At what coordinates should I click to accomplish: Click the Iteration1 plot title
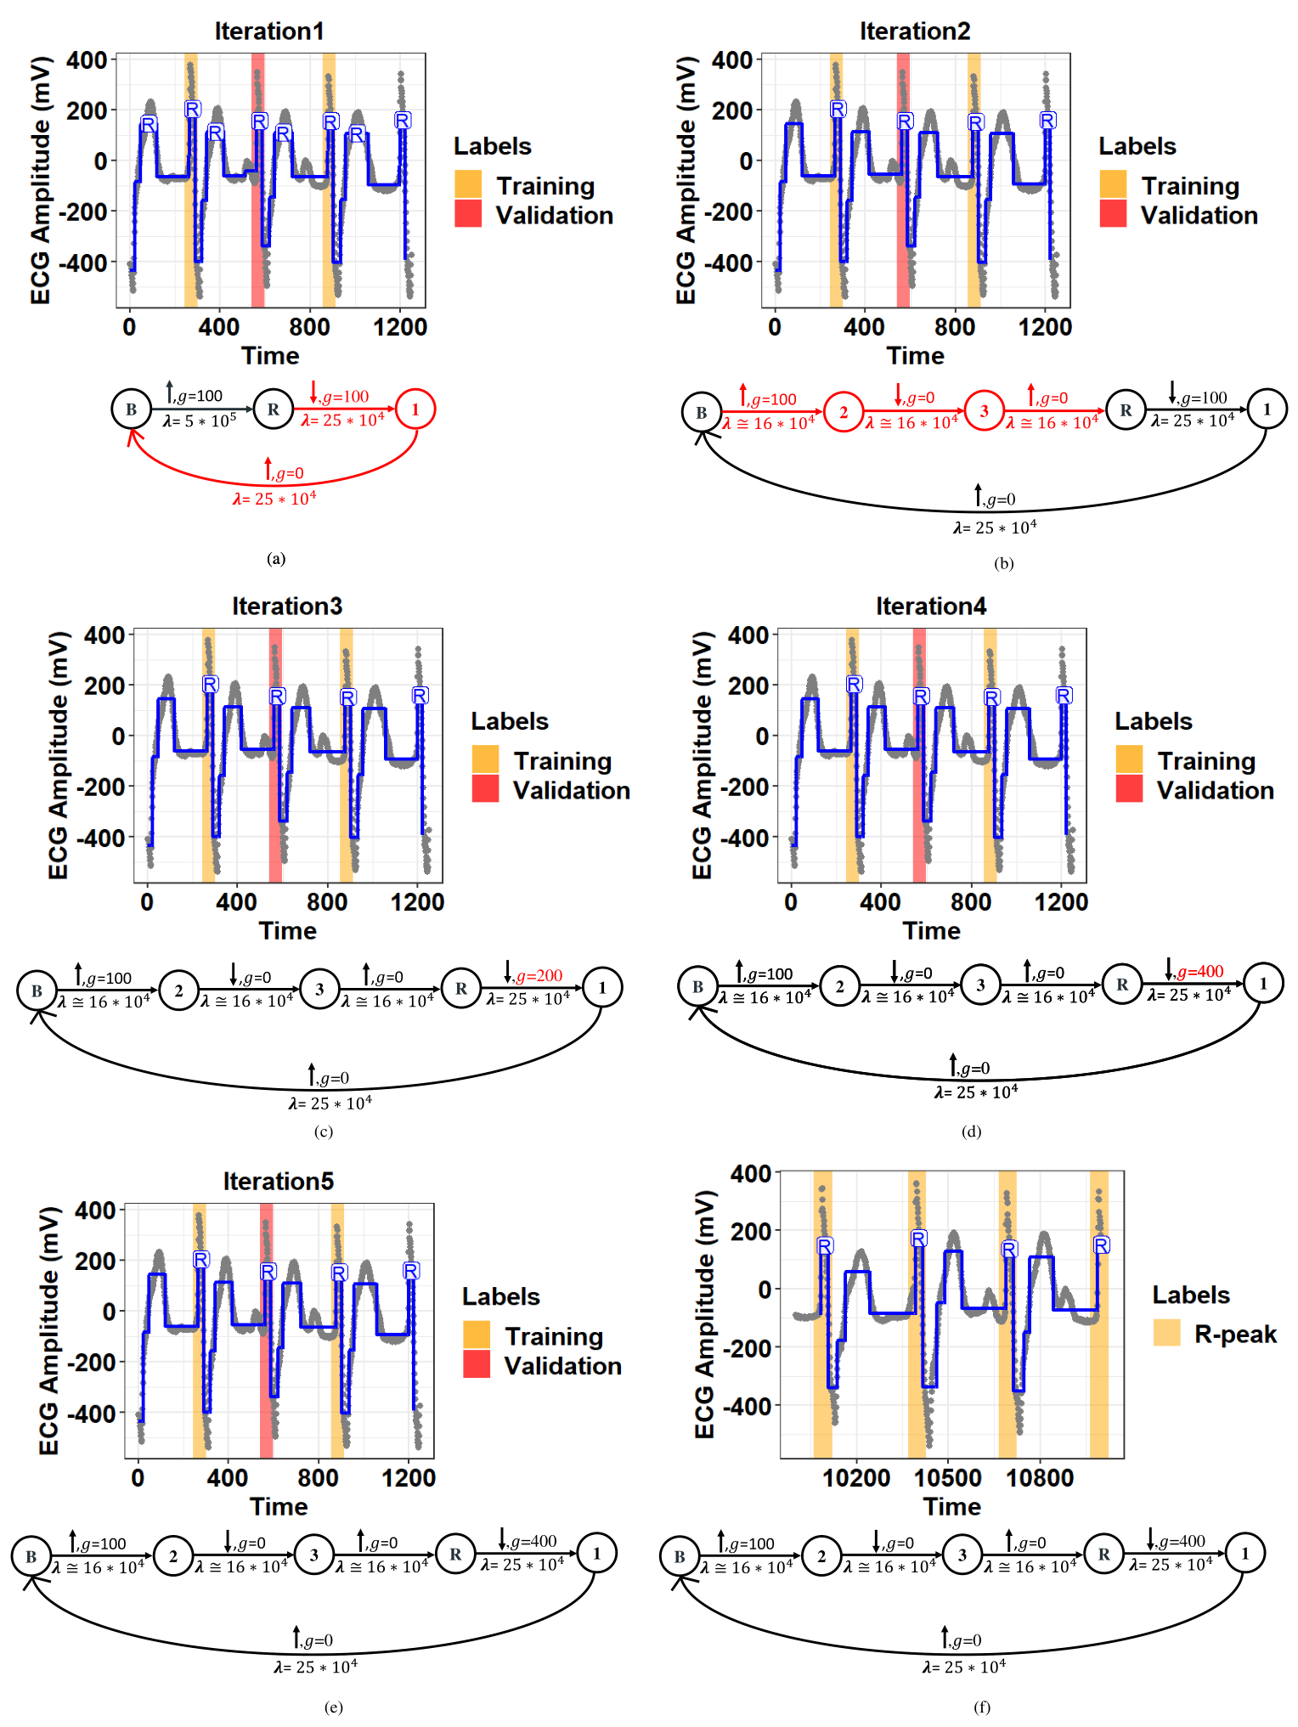click(269, 31)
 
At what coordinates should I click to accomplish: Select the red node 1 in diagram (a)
click(415, 409)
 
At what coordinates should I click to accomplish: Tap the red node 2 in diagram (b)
click(844, 412)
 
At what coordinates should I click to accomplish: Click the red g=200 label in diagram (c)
click(539, 976)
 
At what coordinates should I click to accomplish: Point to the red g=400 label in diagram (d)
click(1199, 972)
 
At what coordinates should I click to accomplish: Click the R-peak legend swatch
click(1167, 1333)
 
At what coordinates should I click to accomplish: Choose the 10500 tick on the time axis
click(947, 1479)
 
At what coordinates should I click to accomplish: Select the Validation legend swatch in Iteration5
click(477, 1364)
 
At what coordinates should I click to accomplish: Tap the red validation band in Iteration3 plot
click(275, 755)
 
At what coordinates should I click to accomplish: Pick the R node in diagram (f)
click(1103, 1555)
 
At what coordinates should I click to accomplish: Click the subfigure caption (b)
click(1003, 563)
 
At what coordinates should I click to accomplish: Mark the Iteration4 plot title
click(931, 607)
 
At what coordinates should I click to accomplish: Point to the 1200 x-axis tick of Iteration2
click(1045, 327)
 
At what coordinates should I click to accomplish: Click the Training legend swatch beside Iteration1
click(468, 184)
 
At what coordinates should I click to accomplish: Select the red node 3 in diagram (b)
click(985, 412)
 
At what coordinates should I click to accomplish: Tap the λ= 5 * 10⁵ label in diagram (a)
click(200, 420)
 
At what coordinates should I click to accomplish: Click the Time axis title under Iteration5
click(279, 1506)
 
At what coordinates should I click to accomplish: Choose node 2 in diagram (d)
click(839, 986)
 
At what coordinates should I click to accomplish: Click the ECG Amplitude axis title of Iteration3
click(57, 755)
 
